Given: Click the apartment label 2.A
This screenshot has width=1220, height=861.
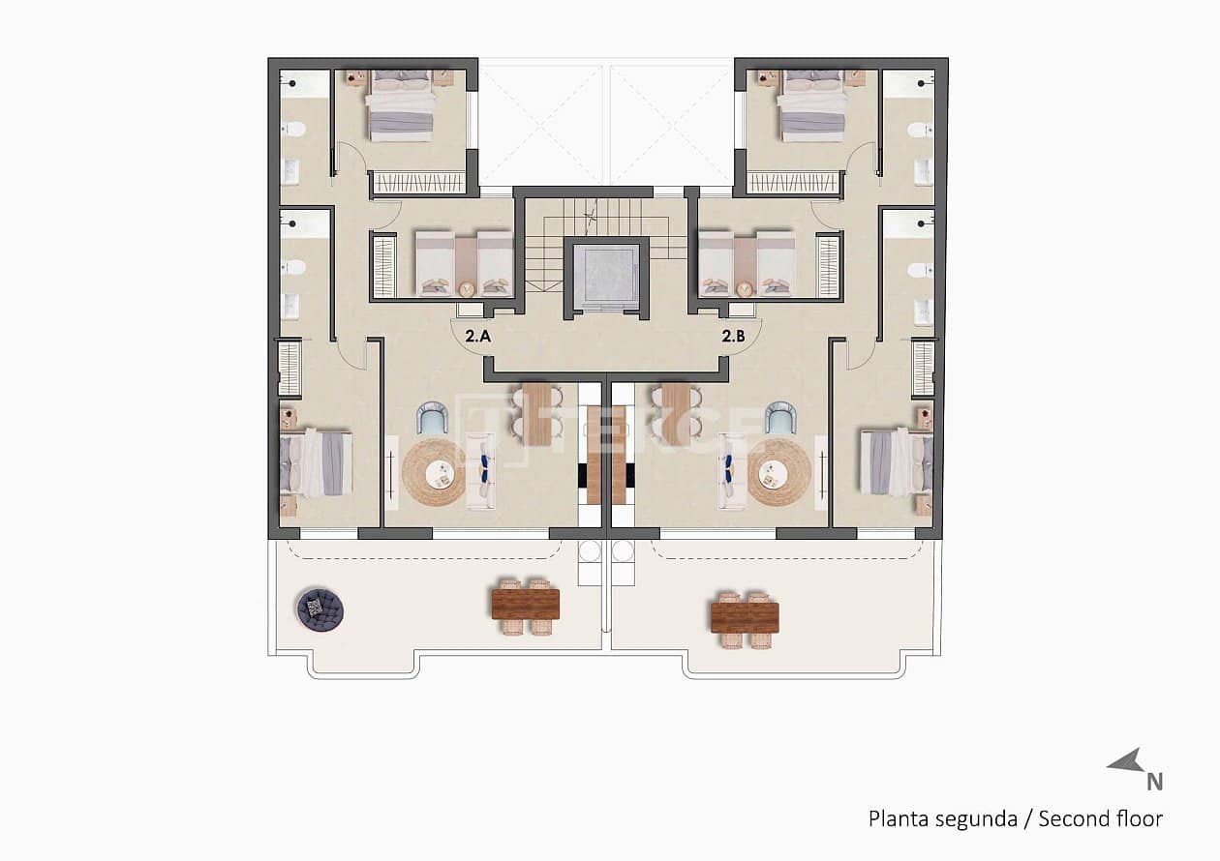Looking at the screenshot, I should click(x=477, y=338).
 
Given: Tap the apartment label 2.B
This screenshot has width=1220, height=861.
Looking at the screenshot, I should click(x=733, y=338).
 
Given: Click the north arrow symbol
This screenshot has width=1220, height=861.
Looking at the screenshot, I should click(x=1126, y=763).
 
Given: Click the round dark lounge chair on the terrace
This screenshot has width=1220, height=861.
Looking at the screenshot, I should click(x=320, y=609).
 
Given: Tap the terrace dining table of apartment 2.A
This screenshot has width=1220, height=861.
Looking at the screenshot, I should click(x=526, y=605).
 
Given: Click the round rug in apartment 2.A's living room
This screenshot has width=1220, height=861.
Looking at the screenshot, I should click(x=435, y=472).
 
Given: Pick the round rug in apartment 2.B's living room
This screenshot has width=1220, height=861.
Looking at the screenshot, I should click(x=779, y=472).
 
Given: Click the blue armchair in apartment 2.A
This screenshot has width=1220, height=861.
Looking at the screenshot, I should click(x=432, y=418).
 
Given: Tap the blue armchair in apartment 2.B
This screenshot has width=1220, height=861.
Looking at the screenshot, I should click(x=780, y=418).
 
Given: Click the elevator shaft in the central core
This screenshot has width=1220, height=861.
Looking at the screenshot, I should click(x=606, y=277).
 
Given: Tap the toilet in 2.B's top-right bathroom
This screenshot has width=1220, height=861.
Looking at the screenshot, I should click(x=919, y=130).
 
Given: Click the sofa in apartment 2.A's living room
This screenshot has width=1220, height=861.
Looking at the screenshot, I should click(x=481, y=472).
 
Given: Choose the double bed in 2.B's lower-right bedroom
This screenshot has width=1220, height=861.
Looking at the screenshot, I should click(x=896, y=462).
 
